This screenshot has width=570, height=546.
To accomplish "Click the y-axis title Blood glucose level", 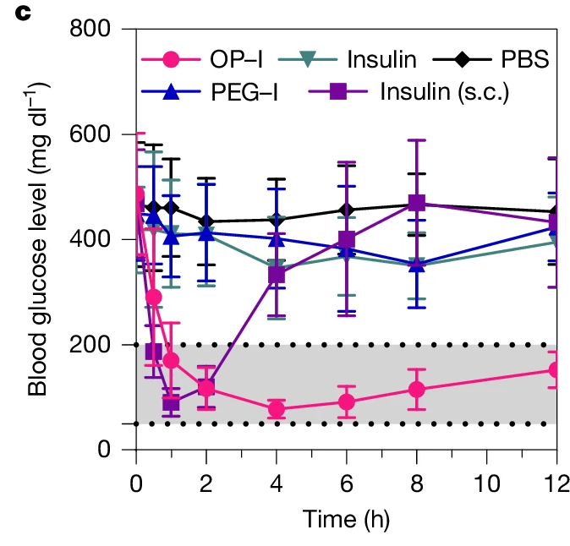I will [38, 238].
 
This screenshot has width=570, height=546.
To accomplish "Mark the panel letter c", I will [18, 16].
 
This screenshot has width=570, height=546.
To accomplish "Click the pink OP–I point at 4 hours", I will [276, 409].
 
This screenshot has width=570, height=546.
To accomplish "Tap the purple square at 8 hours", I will [416, 203].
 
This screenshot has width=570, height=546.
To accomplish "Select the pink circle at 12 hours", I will [556, 370].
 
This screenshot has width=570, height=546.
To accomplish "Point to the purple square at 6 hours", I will [346, 239].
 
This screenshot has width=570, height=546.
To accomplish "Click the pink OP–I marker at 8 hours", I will [416, 390].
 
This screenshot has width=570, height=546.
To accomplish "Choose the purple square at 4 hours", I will [276, 274].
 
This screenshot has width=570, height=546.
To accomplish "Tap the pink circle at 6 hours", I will [346, 401].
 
